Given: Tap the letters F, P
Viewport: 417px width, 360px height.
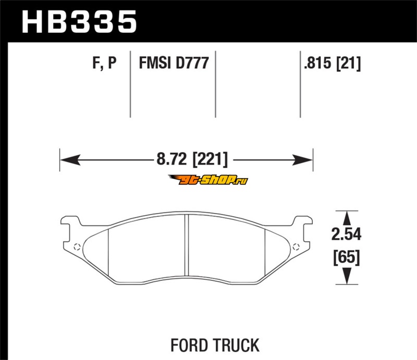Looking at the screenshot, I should pos(104,64).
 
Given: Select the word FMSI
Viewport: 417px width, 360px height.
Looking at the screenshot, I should pos(155,64).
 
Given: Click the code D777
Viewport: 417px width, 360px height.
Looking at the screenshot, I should pos(192,64).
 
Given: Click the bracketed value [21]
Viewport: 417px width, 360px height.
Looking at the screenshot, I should pos(349,64).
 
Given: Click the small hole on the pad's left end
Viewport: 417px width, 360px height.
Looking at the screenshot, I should pos(77,247).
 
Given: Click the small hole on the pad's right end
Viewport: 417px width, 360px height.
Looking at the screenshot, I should pos(297,247).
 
